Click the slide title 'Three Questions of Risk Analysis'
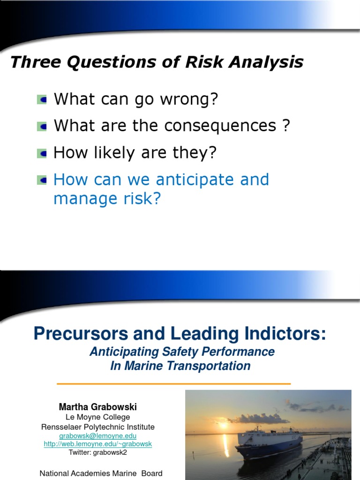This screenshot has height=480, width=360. click(x=157, y=62)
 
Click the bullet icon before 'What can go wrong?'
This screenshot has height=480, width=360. click(x=42, y=99)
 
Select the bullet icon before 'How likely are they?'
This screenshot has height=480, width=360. click(x=42, y=153)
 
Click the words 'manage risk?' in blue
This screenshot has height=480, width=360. click(x=107, y=199)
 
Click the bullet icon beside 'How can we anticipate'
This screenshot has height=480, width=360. click(x=42, y=180)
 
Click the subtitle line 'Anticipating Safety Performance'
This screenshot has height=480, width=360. click(x=182, y=352)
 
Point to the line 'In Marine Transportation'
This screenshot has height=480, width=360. click(x=180, y=366)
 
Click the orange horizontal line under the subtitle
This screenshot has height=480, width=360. click(x=173, y=383)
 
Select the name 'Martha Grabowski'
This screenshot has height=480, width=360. click(x=97, y=407)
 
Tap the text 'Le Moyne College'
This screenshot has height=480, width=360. click(x=97, y=417)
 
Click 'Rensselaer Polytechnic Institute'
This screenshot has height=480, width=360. click(x=97, y=427)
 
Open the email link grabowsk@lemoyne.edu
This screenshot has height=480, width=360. click(x=97, y=435)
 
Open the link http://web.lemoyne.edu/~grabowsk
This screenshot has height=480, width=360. click(x=97, y=444)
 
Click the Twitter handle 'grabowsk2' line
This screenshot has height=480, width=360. click(x=97, y=452)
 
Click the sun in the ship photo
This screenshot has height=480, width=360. click(x=223, y=425)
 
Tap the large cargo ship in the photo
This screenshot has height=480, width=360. click(x=270, y=441)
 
